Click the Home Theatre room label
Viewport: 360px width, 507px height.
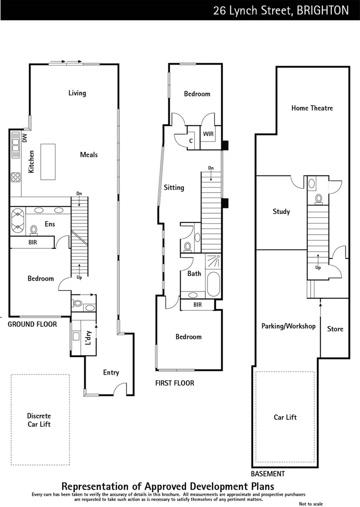312,108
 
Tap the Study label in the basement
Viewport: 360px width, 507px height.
281,212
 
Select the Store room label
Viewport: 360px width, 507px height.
335,329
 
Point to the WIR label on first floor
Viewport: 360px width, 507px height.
208,134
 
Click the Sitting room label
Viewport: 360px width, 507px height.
174,188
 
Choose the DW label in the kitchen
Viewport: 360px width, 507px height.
25,138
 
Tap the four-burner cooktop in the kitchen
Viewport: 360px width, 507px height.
15,177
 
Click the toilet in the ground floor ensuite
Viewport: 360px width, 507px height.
34,230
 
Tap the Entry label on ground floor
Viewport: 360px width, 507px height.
111,373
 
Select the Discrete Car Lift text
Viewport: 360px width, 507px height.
39,420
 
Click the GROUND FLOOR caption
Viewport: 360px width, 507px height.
32,324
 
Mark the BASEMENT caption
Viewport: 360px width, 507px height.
268,474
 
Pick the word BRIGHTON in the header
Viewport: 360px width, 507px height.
323,10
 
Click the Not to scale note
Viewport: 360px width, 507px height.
311,504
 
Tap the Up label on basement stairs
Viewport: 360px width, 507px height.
318,268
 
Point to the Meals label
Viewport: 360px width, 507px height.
89,155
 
